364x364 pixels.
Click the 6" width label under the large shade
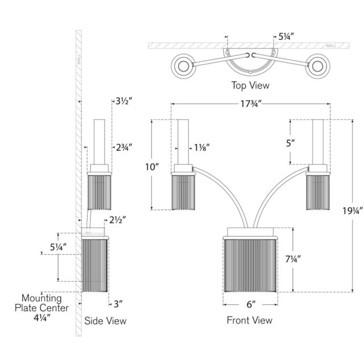click(x=250, y=304)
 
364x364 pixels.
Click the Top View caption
click(x=250, y=86)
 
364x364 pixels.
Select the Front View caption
click(x=249, y=320)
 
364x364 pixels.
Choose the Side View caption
click(x=105, y=321)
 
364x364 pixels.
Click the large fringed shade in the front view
click(x=250, y=262)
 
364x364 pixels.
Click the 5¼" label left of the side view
click(x=58, y=247)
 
